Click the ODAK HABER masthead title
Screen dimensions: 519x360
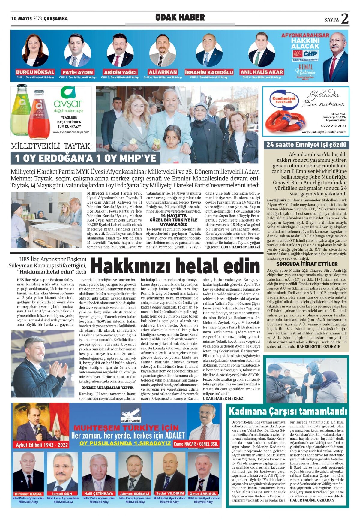click(180, 17)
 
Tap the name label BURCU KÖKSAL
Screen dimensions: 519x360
click(35, 72)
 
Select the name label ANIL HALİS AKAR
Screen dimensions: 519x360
click(262, 72)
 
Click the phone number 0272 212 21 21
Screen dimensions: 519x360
click(333, 126)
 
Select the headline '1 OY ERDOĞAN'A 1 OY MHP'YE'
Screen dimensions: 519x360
click(85, 158)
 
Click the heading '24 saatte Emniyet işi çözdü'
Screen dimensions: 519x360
click(306, 145)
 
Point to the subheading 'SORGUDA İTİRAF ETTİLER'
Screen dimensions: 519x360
click(307, 264)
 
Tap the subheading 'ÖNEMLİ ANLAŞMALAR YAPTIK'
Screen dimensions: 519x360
click(108, 388)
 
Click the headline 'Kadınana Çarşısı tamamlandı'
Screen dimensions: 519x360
click(288, 411)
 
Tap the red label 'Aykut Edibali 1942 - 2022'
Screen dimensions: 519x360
click(42, 445)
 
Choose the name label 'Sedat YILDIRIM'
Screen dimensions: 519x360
click(170, 493)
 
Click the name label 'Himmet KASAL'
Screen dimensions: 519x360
click(28, 494)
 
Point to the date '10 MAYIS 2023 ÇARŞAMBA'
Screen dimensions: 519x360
click(39, 19)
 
